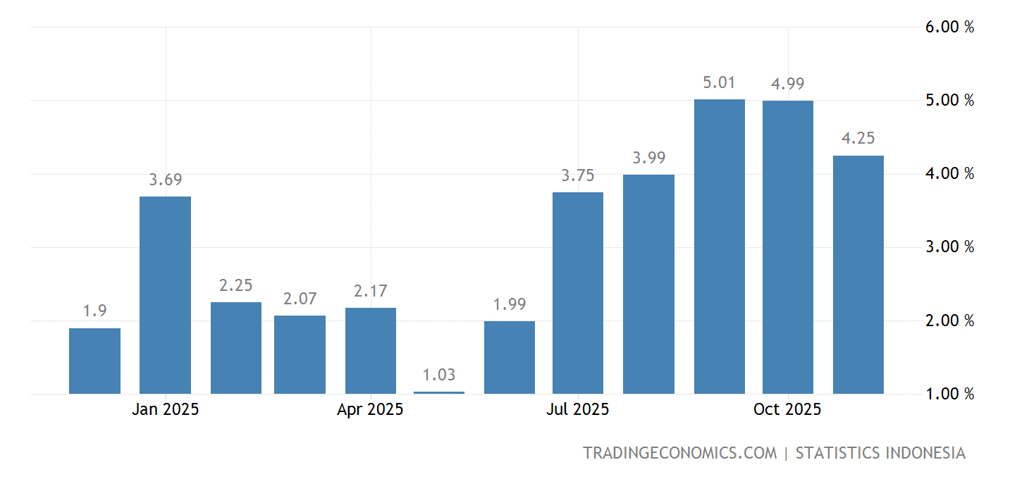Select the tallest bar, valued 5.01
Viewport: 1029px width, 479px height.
coord(719,247)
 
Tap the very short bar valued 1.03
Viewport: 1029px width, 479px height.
coord(439,392)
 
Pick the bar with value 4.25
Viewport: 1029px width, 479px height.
coord(858,275)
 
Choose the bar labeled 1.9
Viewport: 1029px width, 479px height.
coord(94,361)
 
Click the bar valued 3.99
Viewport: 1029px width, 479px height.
coord(648,284)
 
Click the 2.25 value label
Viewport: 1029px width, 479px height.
coord(235,285)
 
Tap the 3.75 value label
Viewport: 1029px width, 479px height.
coord(578,175)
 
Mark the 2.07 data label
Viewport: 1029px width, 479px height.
coord(300,299)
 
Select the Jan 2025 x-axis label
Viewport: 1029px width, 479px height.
coord(165,409)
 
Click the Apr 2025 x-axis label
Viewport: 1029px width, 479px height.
coord(370,409)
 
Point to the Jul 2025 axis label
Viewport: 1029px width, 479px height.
coord(577,409)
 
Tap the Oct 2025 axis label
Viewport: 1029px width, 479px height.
coord(787,409)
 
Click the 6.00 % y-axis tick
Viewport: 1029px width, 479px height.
coord(949,27)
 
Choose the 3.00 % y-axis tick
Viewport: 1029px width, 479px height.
coord(949,247)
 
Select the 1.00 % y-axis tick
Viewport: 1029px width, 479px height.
coord(949,394)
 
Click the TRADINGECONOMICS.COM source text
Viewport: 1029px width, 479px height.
coord(679,453)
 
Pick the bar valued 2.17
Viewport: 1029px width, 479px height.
coord(370,351)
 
